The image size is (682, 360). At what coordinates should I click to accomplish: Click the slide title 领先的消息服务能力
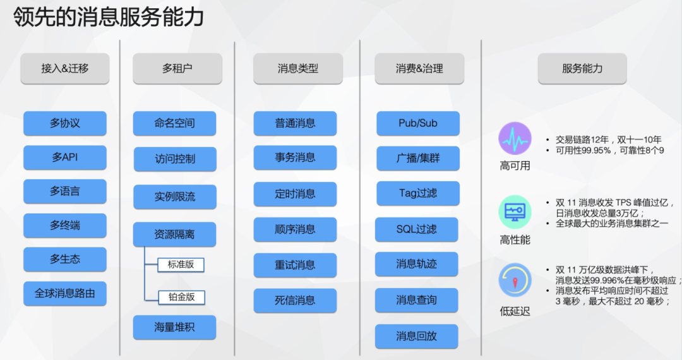click(x=109, y=17)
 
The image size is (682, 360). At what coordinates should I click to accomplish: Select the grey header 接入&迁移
click(x=65, y=68)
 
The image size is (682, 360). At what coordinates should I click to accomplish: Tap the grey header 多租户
click(x=177, y=68)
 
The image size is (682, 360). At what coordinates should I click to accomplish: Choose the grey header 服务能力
click(x=582, y=68)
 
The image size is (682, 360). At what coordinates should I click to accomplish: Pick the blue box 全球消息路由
click(x=65, y=293)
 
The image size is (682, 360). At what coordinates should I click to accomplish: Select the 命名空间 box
click(x=174, y=123)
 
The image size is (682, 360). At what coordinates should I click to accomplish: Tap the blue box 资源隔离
click(x=174, y=234)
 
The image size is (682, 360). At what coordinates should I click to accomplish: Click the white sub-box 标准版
click(x=181, y=264)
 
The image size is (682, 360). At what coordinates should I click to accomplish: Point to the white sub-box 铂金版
click(x=181, y=296)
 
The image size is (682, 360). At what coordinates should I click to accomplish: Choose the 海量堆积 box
click(x=174, y=327)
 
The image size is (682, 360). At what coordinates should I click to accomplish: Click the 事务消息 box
click(x=295, y=157)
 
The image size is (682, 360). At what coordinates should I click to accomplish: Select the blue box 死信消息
click(x=295, y=300)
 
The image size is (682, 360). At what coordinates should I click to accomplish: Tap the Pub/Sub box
click(x=417, y=123)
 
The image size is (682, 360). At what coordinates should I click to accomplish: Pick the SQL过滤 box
click(x=416, y=229)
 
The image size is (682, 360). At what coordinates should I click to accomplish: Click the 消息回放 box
click(x=416, y=336)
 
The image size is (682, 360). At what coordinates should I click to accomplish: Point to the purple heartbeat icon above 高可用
click(x=515, y=139)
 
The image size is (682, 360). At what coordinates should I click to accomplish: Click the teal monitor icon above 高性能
click(x=515, y=212)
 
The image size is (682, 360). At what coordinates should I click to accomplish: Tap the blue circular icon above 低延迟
click(x=515, y=281)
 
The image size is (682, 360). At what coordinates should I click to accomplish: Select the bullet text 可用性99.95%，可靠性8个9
click(x=609, y=151)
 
